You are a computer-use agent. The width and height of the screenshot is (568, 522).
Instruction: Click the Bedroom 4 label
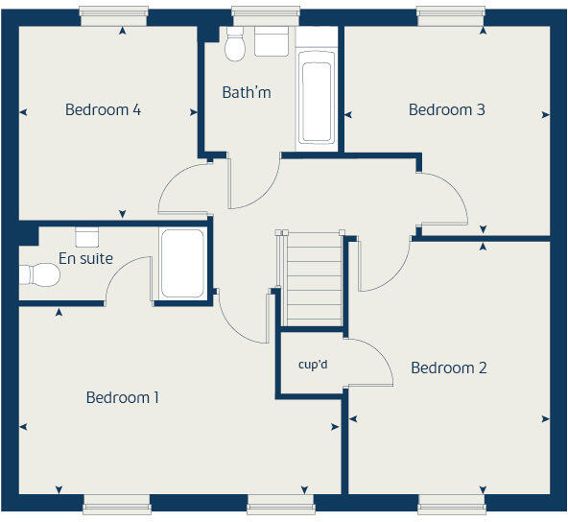pyautogui.click(x=103, y=109)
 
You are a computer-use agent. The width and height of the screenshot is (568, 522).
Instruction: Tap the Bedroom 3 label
pyautogui.click(x=446, y=109)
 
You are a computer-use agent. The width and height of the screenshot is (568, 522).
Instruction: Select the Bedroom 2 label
pyautogui.click(x=448, y=368)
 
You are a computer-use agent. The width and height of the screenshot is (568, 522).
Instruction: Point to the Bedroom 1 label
pyautogui.click(x=123, y=397)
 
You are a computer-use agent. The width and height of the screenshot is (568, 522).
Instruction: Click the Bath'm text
pyautogui.click(x=247, y=93)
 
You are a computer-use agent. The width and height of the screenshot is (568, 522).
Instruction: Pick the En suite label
pyautogui.click(x=85, y=258)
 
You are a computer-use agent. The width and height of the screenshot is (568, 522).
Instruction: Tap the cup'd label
pyautogui.click(x=314, y=365)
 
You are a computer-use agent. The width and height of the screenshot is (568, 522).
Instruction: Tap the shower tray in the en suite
pyautogui.click(x=181, y=263)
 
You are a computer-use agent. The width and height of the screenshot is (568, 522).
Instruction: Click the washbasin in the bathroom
pyautogui.click(x=272, y=41)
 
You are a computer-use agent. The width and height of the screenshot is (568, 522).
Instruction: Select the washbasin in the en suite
pyautogui.click(x=87, y=236)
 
